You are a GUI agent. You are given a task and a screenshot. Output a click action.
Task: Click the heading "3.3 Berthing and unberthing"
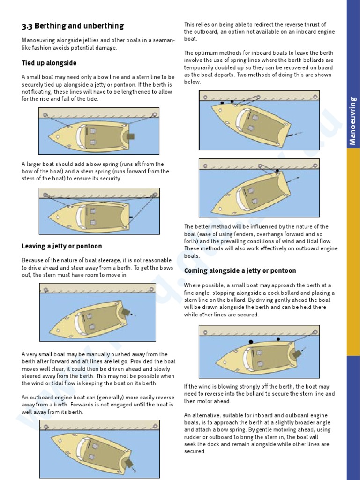(x=73, y=26)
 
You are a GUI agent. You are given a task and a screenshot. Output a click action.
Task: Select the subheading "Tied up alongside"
(x=49, y=63)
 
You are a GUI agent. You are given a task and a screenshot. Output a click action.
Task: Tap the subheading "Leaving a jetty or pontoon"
(x=61, y=246)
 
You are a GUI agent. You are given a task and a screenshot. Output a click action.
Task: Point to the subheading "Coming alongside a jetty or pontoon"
(x=240, y=271)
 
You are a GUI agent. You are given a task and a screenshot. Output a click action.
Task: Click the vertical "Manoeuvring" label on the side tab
(x=353, y=120)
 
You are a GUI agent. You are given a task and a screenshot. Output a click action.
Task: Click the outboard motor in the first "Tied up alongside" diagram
(x=130, y=136)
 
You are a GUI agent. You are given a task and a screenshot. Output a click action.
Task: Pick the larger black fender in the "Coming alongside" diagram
(x=251, y=342)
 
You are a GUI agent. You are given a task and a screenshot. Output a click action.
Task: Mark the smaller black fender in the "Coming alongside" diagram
(x=278, y=338)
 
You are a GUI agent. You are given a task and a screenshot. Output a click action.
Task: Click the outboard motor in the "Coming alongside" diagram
(x=295, y=354)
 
